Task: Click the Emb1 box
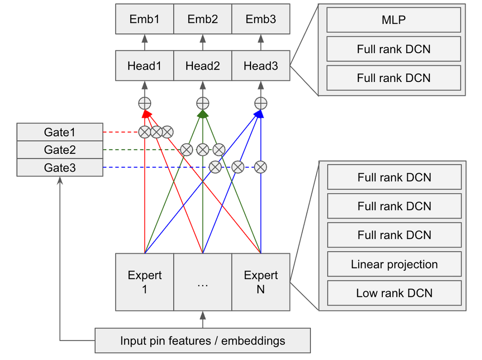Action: (x=145, y=19)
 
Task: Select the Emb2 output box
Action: (x=203, y=19)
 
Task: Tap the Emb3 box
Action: (x=261, y=19)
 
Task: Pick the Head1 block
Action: (x=145, y=65)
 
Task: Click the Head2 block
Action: (x=203, y=65)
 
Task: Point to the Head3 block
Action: (x=261, y=65)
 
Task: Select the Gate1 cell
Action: (x=59, y=132)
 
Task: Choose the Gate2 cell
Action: (x=59, y=150)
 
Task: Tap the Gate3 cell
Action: (x=59, y=168)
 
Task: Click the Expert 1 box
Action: (x=145, y=282)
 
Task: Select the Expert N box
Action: (x=261, y=282)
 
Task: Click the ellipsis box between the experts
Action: (x=203, y=282)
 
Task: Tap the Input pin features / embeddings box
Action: (x=203, y=341)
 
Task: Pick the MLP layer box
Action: (x=394, y=20)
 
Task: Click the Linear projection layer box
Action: (x=394, y=264)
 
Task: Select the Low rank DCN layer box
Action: (x=394, y=293)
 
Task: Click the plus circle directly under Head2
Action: (x=203, y=104)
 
